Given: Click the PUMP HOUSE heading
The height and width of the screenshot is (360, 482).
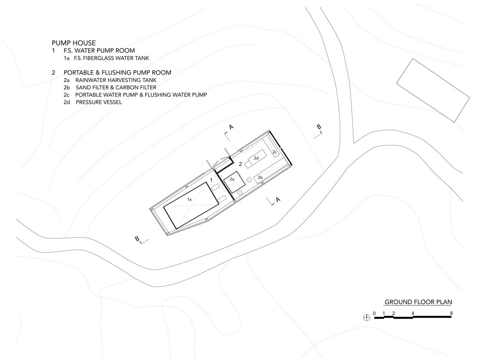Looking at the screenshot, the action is pyautogui.click(x=74, y=43).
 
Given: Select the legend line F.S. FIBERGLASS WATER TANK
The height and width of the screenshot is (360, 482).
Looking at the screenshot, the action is pyautogui.click(x=111, y=58).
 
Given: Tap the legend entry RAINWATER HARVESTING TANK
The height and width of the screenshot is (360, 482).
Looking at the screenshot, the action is pyautogui.click(x=116, y=80).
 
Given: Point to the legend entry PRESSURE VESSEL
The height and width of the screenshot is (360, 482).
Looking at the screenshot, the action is pyautogui.click(x=99, y=102).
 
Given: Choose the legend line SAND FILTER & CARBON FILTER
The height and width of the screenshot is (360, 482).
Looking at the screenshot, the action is pyautogui.click(x=116, y=88).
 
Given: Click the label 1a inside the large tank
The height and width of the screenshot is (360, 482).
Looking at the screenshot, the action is pyautogui.click(x=190, y=199).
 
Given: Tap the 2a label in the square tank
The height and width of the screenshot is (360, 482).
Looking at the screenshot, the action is pyautogui.click(x=232, y=179).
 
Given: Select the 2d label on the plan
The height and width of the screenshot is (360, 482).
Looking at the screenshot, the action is pyautogui.click(x=256, y=158).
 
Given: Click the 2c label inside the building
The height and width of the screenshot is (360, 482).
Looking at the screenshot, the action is pyautogui.click(x=275, y=152).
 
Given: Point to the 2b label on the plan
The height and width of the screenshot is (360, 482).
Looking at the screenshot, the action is pyautogui.click(x=260, y=177).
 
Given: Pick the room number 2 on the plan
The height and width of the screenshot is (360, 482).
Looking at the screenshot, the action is pyautogui.click(x=241, y=164).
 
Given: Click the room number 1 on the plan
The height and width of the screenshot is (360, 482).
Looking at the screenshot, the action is pyautogui.click(x=211, y=180).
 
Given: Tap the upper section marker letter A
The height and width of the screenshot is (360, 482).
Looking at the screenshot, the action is pyautogui.click(x=231, y=127).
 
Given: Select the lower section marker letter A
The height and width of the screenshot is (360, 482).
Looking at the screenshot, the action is pyautogui.click(x=278, y=200).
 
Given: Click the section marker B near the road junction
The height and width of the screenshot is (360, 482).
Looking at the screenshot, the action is pyautogui.click(x=319, y=127).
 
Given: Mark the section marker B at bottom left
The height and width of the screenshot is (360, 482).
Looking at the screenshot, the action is pyautogui.click(x=137, y=238).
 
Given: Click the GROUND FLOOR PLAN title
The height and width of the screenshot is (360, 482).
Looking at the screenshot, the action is pyautogui.click(x=418, y=302).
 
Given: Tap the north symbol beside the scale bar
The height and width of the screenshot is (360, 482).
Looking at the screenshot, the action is pyautogui.click(x=367, y=317).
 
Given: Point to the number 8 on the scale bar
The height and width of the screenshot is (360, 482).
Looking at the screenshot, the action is pyautogui.click(x=451, y=313).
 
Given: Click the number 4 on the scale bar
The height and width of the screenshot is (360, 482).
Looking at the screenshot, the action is pyautogui.click(x=413, y=313).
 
